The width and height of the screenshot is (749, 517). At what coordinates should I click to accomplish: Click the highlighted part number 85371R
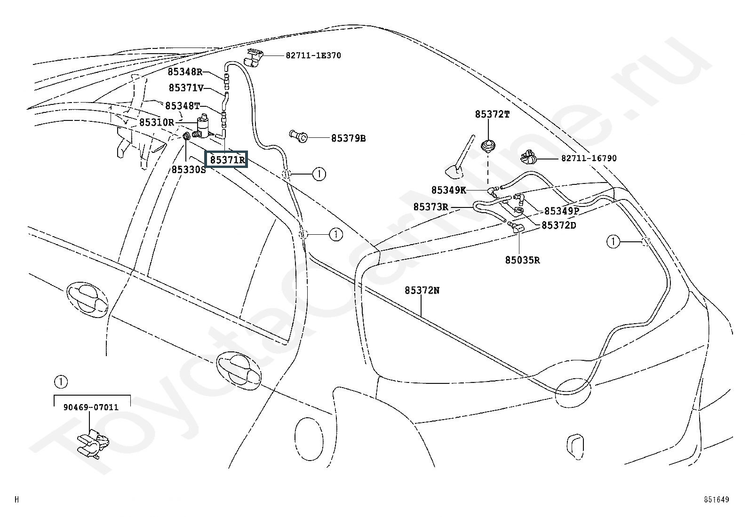227,160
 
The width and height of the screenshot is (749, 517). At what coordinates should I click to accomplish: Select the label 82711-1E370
313,56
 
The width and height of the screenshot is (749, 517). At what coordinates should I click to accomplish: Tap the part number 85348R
185,72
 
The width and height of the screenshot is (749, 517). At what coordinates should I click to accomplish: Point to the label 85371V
186,88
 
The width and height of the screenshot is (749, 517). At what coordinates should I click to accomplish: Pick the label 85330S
189,170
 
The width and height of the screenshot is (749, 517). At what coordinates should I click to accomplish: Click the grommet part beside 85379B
298,136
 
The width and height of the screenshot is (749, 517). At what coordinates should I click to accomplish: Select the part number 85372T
492,114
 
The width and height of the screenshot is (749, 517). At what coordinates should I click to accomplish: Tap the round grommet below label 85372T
488,147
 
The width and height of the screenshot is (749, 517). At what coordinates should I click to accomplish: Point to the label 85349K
448,190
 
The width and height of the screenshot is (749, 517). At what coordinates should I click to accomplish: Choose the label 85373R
430,207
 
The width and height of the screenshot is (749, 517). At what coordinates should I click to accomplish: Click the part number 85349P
562,211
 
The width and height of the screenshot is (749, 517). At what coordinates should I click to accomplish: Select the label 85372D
559,225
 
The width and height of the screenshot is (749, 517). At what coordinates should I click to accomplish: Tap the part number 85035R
522,260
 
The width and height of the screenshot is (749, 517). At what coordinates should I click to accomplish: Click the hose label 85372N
422,290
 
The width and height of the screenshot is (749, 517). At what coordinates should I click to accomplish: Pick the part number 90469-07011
91,407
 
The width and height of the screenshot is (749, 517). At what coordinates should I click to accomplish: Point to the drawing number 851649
716,500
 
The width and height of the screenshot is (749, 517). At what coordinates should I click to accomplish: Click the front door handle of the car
87,299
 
